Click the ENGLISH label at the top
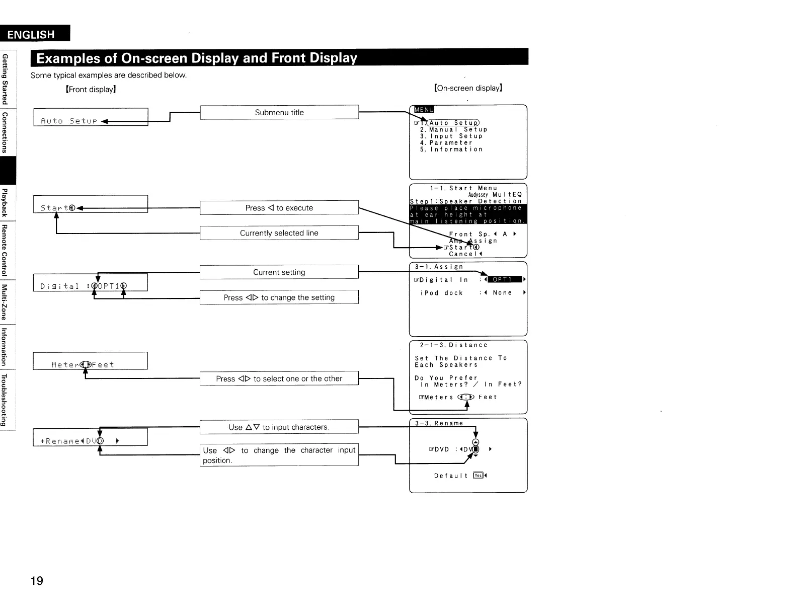tap(31, 34)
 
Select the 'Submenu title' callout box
tap(279, 112)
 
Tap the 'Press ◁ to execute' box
tap(279, 208)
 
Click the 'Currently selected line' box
tap(279, 233)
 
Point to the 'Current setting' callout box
tap(279, 272)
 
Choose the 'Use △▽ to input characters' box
tap(279, 427)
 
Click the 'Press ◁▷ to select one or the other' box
tap(279, 378)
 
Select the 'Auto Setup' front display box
tap(91, 117)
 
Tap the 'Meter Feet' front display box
tap(91, 361)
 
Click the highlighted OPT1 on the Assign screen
tap(502, 279)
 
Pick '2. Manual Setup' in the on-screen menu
tap(453, 129)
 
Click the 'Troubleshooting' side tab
tap(5, 400)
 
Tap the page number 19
tap(37, 581)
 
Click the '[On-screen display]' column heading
tap(468, 88)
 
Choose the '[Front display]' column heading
tap(91, 90)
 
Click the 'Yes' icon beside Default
tap(478, 476)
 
